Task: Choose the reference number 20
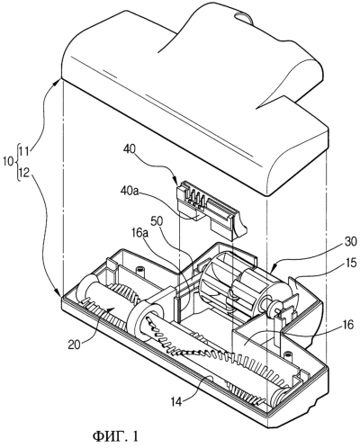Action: [x=74, y=345]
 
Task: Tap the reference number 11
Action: [x=24, y=150]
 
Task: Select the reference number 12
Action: [x=24, y=173]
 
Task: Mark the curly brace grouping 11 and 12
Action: [x=17, y=162]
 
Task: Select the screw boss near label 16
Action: [x=287, y=354]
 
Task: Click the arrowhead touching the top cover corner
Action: [x=58, y=81]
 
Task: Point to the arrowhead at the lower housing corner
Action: [x=58, y=292]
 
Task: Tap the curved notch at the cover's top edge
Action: [x=244, y=17]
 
